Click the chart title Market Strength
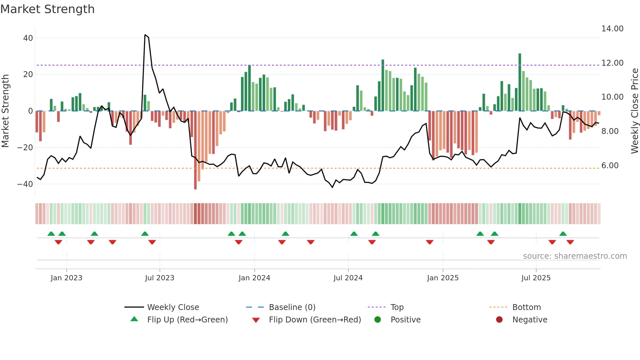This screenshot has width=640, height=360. tap(47, 9)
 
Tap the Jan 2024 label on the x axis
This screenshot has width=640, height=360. tap(254, 278)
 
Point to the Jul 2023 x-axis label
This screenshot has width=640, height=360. tap(160, 278)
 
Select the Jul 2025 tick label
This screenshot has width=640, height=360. tap(536, 278)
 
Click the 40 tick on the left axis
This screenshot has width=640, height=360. tap(28, 38)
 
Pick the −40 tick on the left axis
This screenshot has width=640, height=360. tap(25, 184)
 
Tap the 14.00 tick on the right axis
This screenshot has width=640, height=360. tap(612, 29)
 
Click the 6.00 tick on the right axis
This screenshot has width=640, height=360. tap(610, 166)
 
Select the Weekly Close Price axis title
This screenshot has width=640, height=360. tap(634, 111)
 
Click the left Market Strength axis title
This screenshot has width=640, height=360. tap(5, 111)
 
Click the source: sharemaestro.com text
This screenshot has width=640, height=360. tap(575, 256)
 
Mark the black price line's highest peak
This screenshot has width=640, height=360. tap(145, 35)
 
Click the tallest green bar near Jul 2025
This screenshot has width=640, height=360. tap(520, 82)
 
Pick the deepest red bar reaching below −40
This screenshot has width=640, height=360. tap(195, 150)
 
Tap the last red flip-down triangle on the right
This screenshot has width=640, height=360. tap(570, 242)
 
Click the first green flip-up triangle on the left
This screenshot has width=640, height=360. tap(51, 234)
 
